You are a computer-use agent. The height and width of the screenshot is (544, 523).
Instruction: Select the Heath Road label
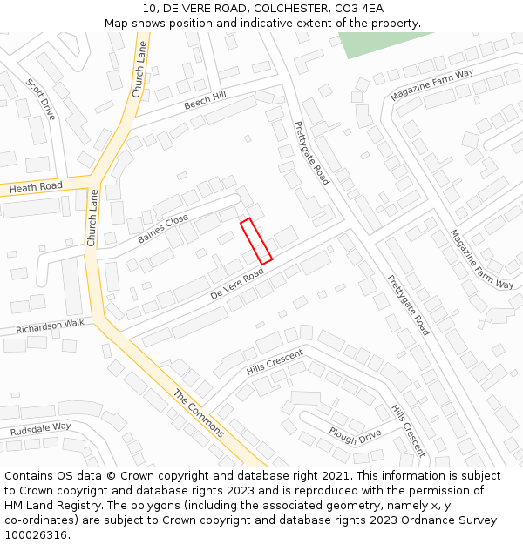point(36,186)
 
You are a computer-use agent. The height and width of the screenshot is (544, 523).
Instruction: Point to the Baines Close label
point(163,229)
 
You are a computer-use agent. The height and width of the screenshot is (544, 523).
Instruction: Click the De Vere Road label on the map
point(237,285)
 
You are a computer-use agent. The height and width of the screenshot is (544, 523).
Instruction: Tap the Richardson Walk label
point(50,326)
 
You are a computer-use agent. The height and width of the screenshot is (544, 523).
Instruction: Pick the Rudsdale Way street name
point(40,429)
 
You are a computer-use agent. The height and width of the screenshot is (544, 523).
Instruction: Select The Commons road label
point(198,413)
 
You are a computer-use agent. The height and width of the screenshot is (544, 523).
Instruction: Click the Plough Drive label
point(355,433)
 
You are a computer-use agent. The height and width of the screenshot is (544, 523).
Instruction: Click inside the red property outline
point(256,240)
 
